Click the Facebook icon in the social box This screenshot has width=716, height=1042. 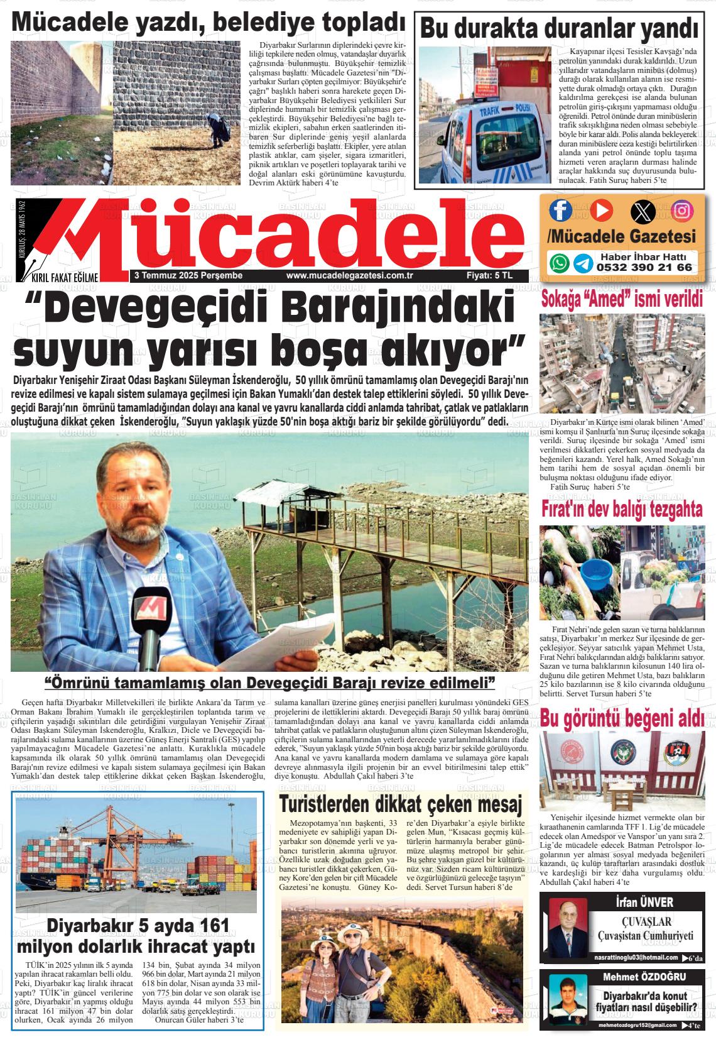click(x=560, y=210)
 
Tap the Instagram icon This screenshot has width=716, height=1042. click(x=682, y=210)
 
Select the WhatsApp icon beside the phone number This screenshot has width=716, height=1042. click(x=559, y=263)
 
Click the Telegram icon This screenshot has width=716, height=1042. click(x=582, y=263)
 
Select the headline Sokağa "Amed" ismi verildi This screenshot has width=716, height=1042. click(x=622, y=299)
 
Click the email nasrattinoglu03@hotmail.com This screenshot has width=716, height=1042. click(x=636, y=958)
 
